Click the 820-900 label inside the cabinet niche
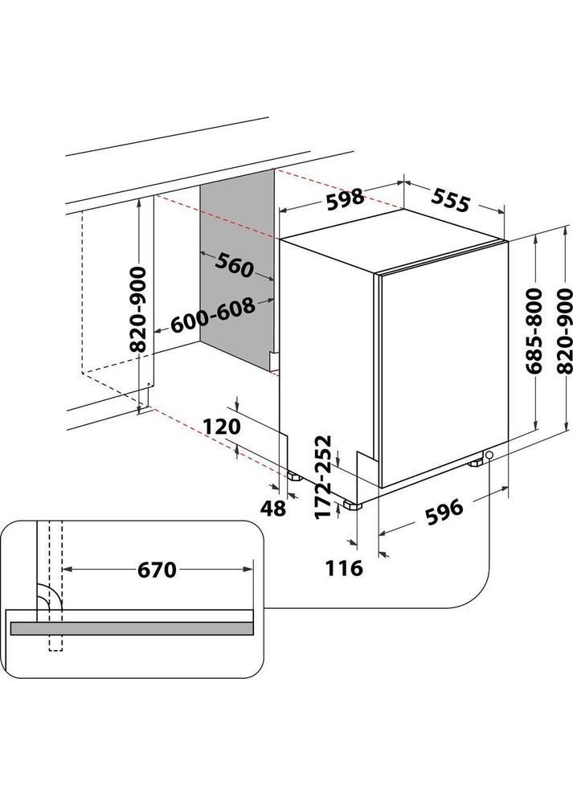(138, 310)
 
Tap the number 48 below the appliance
(274, 509)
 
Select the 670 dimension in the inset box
(156, 570)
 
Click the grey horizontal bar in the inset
(131, 628)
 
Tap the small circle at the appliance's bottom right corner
(489, 456)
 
